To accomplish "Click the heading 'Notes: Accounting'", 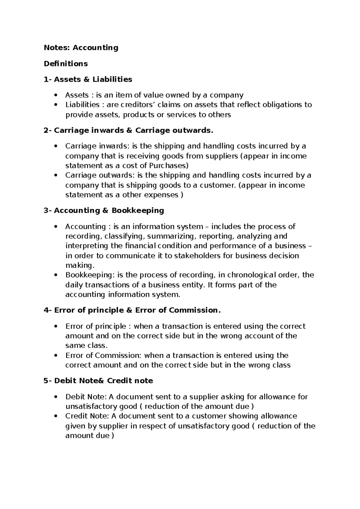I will tap(81, 47).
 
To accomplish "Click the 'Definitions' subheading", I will tap(66, 64).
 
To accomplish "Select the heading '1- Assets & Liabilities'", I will tap(88, 80).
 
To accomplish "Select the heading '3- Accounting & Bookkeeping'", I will tap(104, 211).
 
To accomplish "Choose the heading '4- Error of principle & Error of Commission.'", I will tap(132, 310).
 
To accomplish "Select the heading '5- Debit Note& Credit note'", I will tap(98, 381).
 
